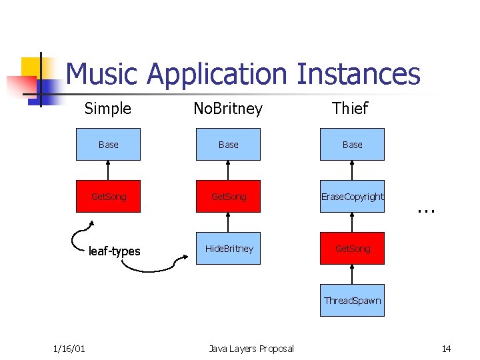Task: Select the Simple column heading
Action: click(108, 108)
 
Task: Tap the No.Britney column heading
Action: click(228, 109)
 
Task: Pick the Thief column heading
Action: click(351, 108)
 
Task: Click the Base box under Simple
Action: click(108, 145)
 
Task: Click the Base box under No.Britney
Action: click(228, 145)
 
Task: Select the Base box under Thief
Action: click(352, 145)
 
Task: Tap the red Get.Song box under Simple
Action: click(108, 197)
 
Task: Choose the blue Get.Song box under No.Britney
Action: click(228, 197)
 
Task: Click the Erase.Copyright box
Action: click(352, 197)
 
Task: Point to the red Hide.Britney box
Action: click(228, 249)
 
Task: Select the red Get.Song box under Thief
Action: click(352, 249)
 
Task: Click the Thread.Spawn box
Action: click(352, 301)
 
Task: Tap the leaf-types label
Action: click(115, 251)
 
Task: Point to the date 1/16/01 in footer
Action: click(69, 349)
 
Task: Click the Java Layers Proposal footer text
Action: click(251, 349)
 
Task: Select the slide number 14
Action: click(446, 349)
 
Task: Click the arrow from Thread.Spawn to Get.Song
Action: click(352, 275)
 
